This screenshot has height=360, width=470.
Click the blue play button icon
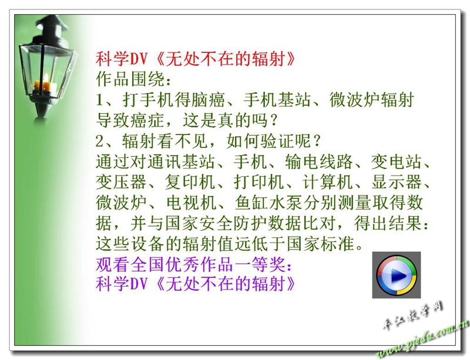click(397, 275)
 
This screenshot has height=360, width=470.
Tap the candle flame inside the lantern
click(46, 78)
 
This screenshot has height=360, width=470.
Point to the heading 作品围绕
click(130, 79)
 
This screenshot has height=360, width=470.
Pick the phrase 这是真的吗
click(225, 120)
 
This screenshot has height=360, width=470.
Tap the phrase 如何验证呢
click(269, 141)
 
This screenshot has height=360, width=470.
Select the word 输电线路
click(319, 162)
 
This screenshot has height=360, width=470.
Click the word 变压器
click(122, 182)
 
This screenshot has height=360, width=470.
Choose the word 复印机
click(190, 182)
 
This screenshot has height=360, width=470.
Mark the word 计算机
click(328, 182)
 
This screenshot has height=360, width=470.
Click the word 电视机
click(192, 203)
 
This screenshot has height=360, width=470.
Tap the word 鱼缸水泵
click(269, 203)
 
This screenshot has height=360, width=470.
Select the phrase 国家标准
click(321, 244)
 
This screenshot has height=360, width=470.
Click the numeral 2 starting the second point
click(99, 141)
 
